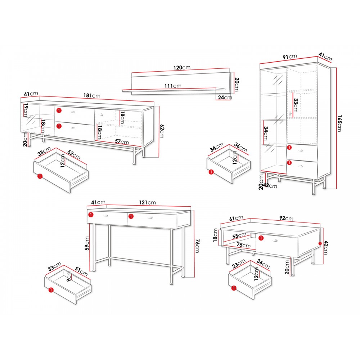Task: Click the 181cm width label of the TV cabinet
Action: pos(91,95)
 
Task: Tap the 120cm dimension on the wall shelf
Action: pos(182,68)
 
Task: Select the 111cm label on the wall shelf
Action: pos(173,86)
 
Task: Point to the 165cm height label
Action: pos(339,123)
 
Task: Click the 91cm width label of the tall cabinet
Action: pos(290,57)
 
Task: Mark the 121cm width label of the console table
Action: pos(147,202)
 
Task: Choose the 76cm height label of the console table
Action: pos(197,246)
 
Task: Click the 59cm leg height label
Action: pos(87,243)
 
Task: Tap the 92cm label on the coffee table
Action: pos(286,218)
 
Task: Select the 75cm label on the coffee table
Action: pos(244,245)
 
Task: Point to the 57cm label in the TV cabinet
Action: pos(122,141)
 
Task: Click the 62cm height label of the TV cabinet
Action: pos(162,131)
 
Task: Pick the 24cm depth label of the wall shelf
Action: pos(225,97)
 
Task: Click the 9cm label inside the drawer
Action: pos(69,276)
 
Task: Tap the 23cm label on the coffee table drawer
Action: pos(239,264)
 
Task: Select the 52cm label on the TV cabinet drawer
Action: pos(74,155)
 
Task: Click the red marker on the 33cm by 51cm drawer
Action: pos(51,290)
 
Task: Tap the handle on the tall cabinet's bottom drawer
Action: pos(301,166)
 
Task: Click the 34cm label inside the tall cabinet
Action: pos(265,133)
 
